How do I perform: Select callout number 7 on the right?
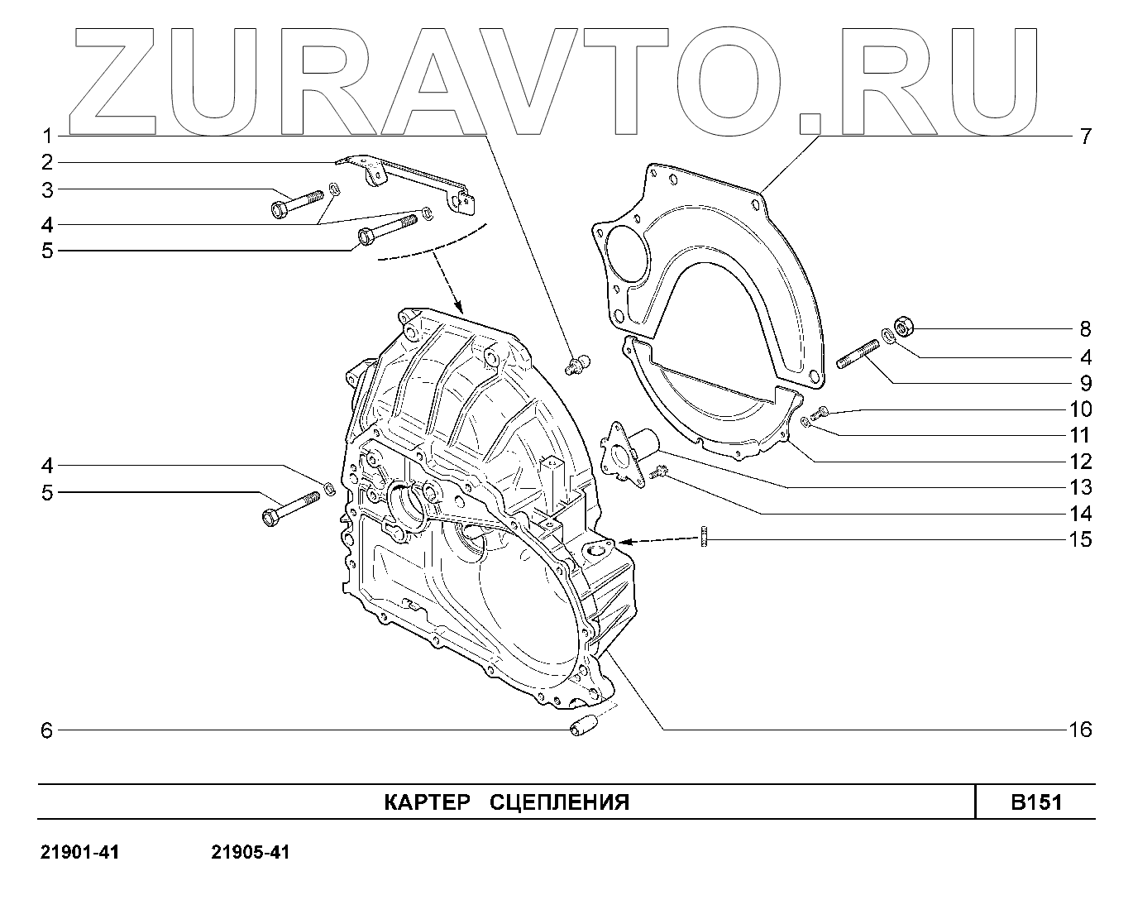(x=1085, y=136)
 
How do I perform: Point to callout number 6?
(x=47, y=731)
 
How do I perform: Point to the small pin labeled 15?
(x=703, y=538)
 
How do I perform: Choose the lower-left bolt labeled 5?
(x=289, y=507)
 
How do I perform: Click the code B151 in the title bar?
(x=1036, y=802)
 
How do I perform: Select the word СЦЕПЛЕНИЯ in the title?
(x=560, y=802)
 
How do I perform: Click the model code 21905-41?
(x=251, y=852)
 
